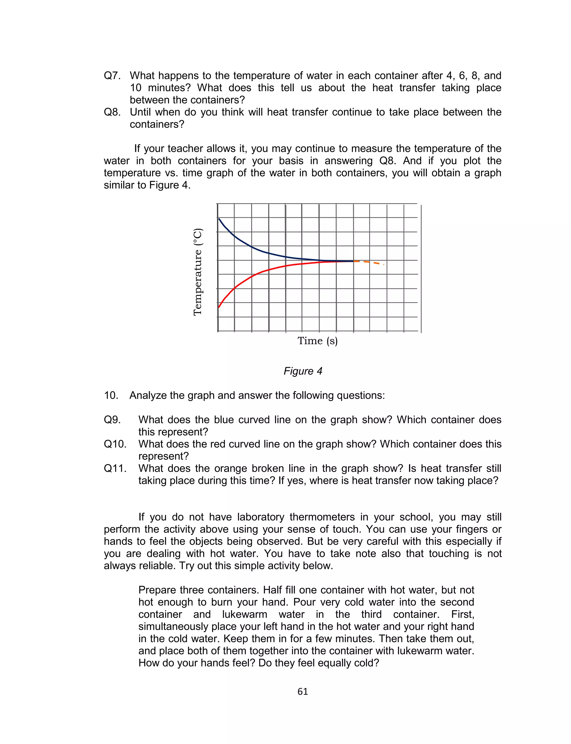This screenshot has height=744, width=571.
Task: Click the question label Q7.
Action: (112, 76)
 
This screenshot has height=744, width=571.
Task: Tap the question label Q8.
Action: (112, 112)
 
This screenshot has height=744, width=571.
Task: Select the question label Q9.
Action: (112, 420)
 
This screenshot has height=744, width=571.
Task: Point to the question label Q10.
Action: (115, 444)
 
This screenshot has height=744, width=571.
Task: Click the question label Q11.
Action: (115, 469)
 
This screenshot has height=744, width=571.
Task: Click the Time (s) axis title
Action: (318, 341)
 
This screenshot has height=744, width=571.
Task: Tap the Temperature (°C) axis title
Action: (198, 272)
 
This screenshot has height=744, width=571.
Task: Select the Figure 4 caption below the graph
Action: (303, 371)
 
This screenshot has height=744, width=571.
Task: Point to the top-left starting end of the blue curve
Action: (219, 219)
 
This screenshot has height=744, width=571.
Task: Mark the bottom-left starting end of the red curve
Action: (219, 307)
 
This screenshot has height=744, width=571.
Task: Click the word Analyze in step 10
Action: (148, 396)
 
